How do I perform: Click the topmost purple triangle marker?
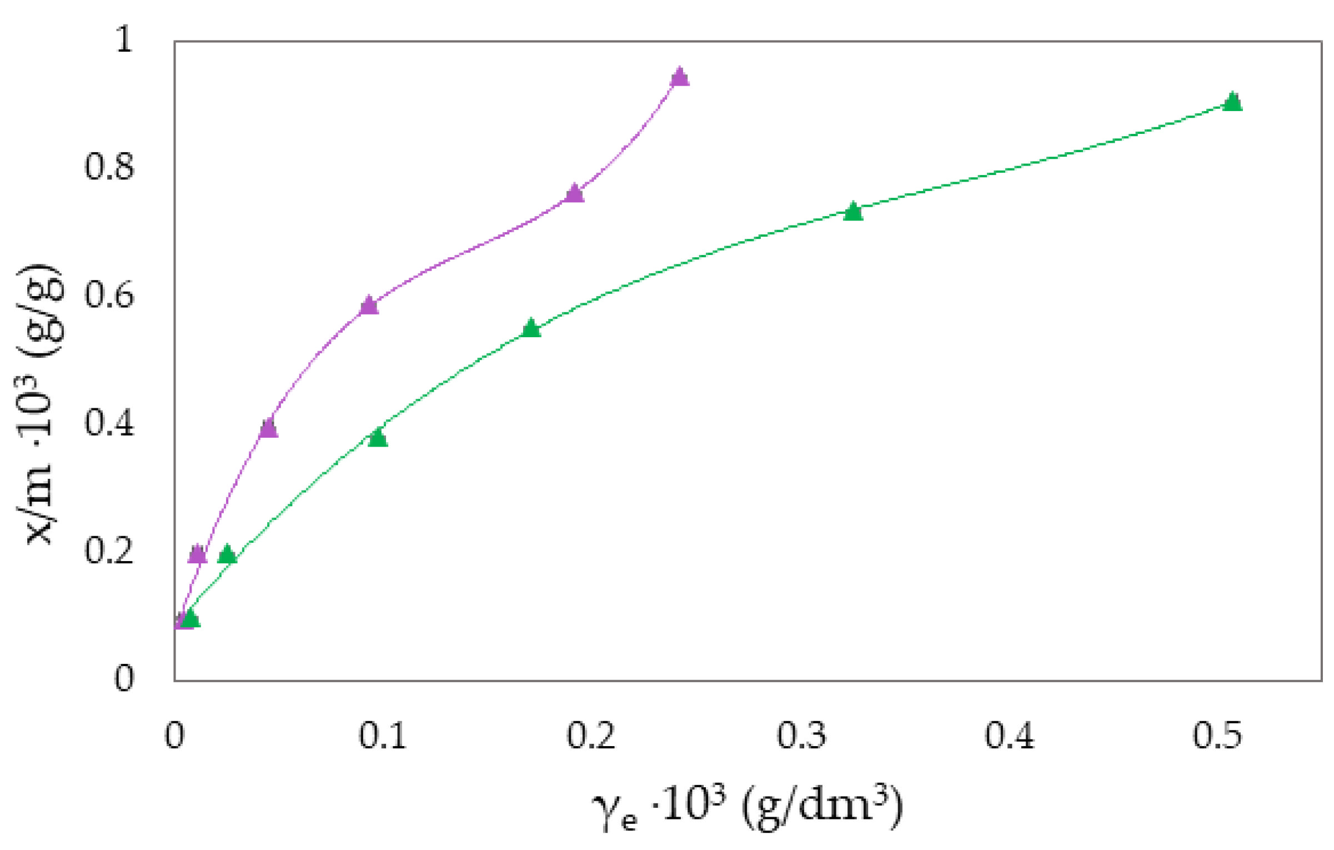click(679, 77)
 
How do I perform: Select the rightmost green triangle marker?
click(1232, 102)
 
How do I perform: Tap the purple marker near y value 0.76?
click(574, 194)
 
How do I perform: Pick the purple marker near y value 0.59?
click(369, 306)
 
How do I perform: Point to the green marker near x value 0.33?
click(852, 212)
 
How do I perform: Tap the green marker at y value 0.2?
click(227, 554)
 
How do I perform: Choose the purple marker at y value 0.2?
click(197, 554)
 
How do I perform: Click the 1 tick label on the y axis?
click(124, 40)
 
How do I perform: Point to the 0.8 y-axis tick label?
click(109, 167)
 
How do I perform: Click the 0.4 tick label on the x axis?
click(1010, 736)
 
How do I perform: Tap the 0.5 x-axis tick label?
click(1217, 736)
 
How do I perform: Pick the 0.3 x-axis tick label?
click(801, 736)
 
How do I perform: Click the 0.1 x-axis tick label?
click(383, 736)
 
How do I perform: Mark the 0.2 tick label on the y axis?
click(109, 551)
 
